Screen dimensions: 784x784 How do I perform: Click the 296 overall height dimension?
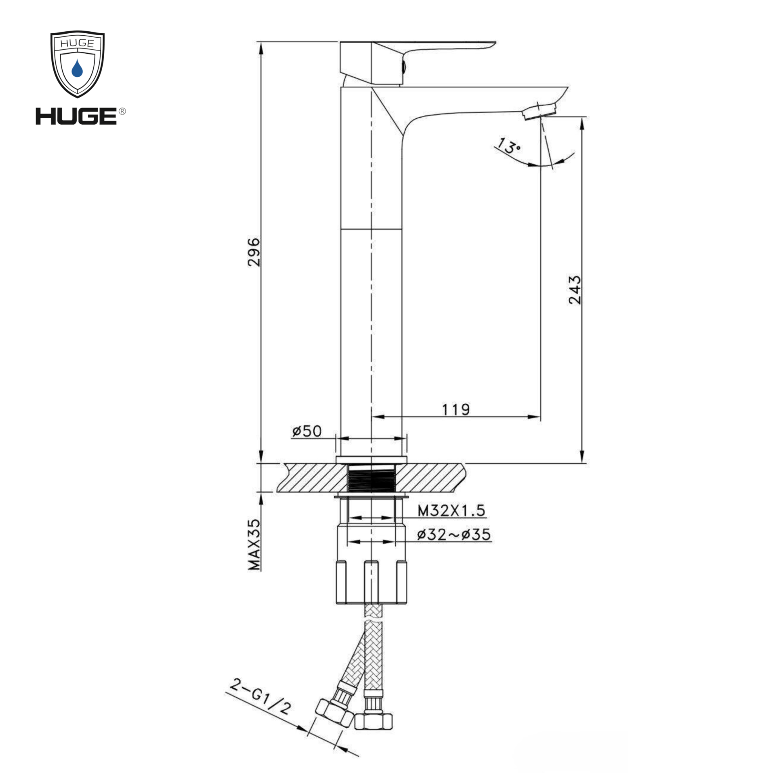click(x=254, y=252)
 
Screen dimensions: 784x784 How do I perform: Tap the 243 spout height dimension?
click(x=574, y=290)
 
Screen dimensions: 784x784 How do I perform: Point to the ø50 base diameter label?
click(x=307, y=431)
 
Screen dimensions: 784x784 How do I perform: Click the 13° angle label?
click(x=508, y=147)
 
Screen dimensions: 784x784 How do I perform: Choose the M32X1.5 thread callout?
click(x=451, y=510)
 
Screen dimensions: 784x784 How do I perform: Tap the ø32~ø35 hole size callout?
click(x=454, y=534)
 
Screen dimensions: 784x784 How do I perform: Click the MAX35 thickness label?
click(x=254, y=544)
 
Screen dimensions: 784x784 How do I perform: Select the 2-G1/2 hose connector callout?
click(x=260, y=697)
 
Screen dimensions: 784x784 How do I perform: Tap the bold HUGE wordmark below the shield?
click(x=76, y=116)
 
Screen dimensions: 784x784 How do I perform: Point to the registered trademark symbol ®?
click(x=122, y=111)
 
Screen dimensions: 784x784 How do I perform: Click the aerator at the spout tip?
click(x=540, y=111)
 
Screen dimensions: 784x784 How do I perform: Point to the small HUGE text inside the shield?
click(x=77, y=44)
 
